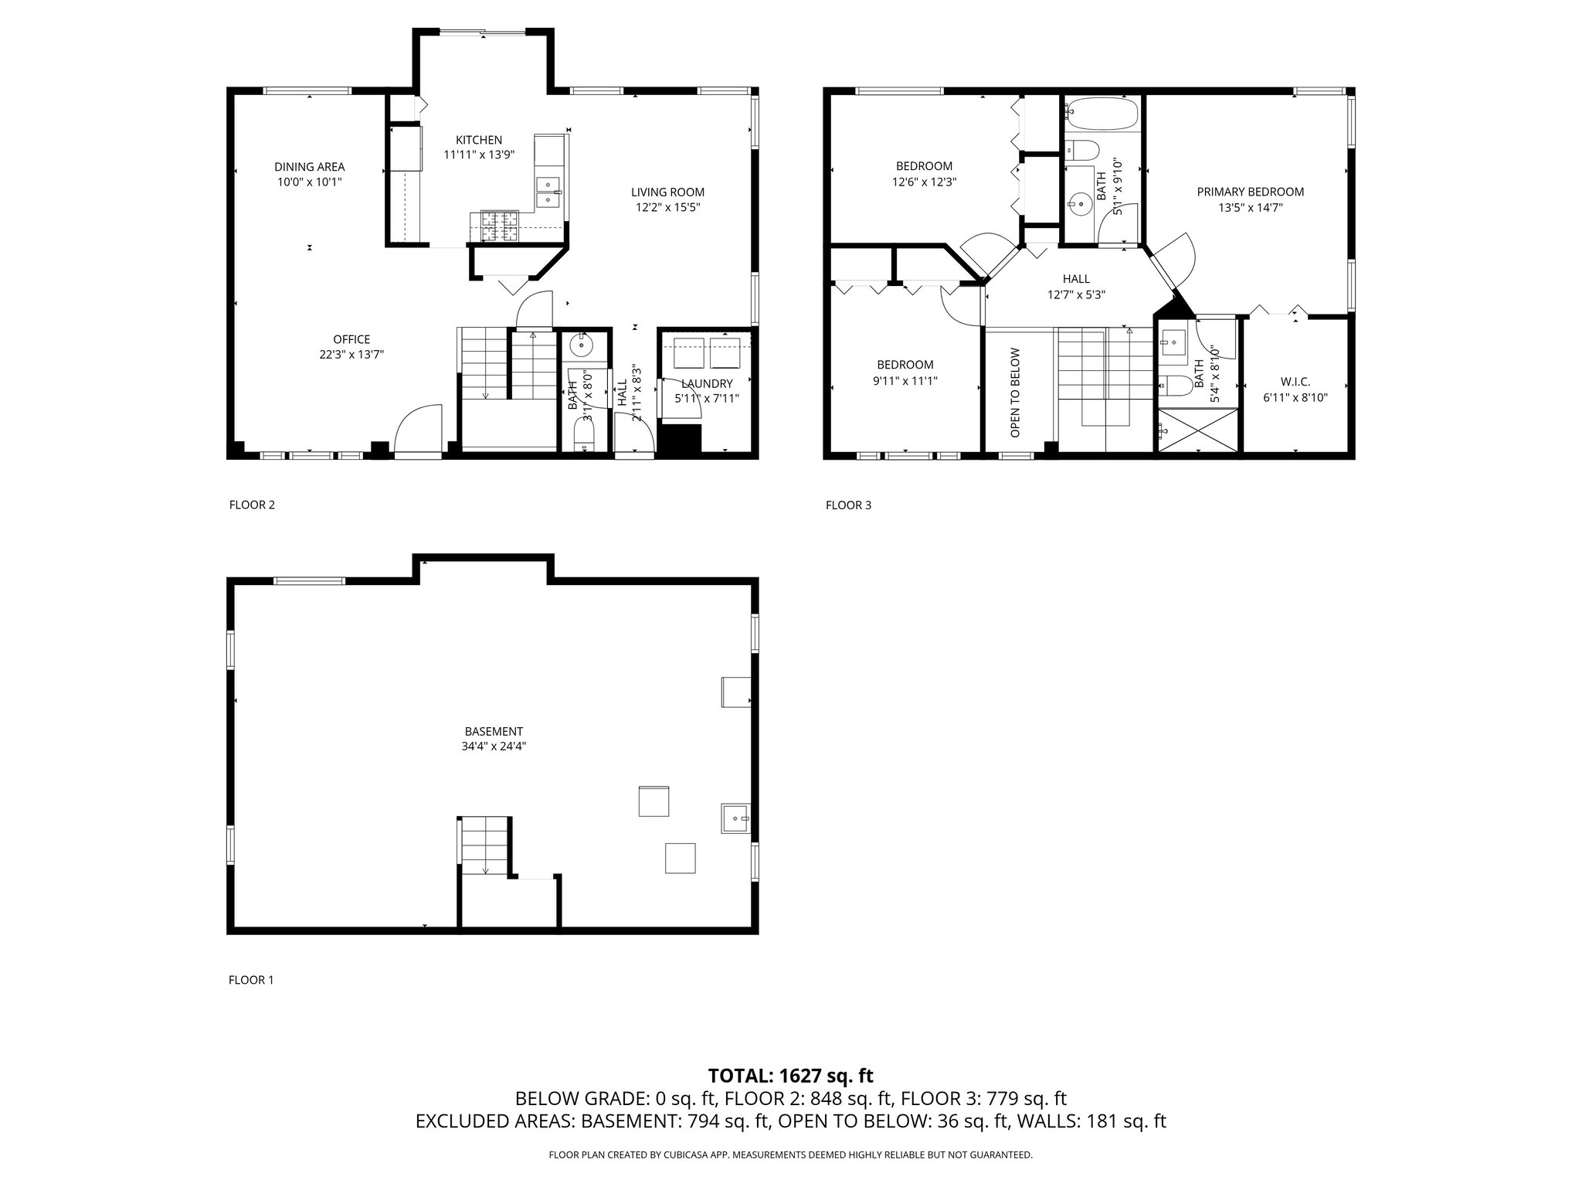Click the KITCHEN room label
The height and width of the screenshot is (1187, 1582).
(x=479, y=140)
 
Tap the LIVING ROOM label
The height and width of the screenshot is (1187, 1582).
(x=667, y=192)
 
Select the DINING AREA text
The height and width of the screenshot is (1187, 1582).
(x=310, y=167)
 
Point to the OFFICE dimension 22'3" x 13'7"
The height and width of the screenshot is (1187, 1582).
(x=351, y=355)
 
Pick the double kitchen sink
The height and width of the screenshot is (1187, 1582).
(x=549, y=193)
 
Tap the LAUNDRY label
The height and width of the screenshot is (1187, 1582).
(x=707, y=384)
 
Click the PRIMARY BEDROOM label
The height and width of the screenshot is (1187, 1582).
(x=1251, y=192)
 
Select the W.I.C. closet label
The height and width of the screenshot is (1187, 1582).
(x=1295, y=382)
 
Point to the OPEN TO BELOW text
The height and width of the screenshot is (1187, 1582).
(x=1015, y=393)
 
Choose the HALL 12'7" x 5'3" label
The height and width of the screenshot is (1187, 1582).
(x=1076, y=287)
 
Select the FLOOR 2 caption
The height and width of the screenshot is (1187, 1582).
(x=252, y=505)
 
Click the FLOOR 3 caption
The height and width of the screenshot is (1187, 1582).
(x=848, y=505)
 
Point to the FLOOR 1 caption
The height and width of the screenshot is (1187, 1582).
(x=251, y=980)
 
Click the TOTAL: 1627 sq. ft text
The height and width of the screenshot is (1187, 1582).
(x=791, y=1076)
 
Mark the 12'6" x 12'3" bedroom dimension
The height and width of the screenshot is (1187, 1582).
(x=925, y=182)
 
